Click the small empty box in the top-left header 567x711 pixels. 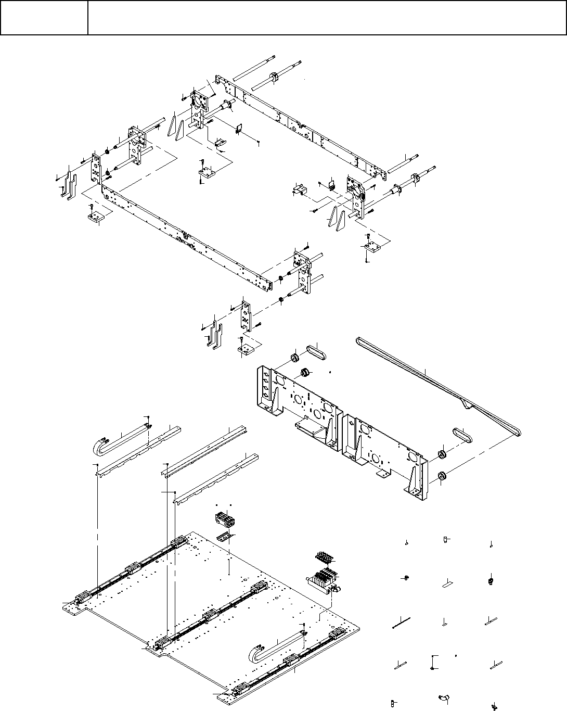[44, 18]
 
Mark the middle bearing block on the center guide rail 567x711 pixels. [210, 616]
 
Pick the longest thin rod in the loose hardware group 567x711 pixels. [402, 621]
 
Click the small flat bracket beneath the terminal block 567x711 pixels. [225, 537]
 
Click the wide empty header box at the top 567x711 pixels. [327, 18]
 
